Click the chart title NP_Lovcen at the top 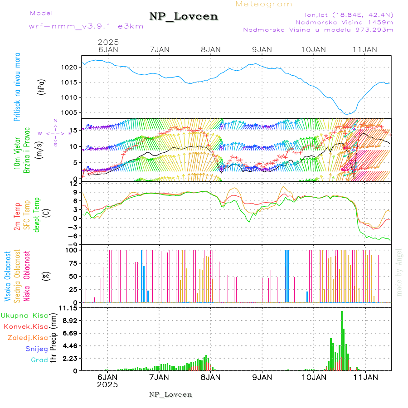pyautogui.click(x=184, y=16)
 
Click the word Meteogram pyautogui.click(x=264, y=4)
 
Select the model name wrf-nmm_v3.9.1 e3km pyautogui.click(x=86, y=26)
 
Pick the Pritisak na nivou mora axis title pyautogui.click(x=17, y=87)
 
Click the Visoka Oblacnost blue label pyautogui.click(x=8, y=277)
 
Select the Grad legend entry pyautogui.click(x=39, y=360)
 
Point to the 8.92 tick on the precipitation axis pyautogui.click(x=69, y=321)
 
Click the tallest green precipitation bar pyautogui.click(x=342, y=340)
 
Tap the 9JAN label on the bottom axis pyautogui.click(x=262, y=377)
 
